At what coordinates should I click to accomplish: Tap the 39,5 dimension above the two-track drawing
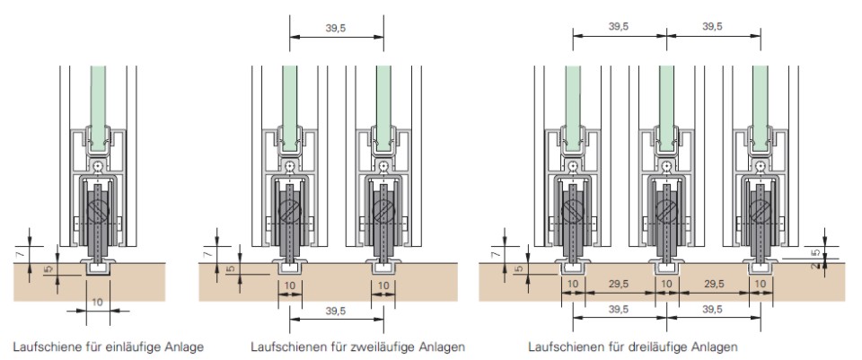click(336, 28)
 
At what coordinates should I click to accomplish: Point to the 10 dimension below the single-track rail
click(98, 303)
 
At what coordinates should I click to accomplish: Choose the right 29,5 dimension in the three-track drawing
click(714, 284)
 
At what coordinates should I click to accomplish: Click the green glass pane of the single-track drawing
click(99, 99)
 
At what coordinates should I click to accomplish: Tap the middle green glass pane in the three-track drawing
click(666, 99)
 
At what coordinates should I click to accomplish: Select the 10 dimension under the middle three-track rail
click(666, 284)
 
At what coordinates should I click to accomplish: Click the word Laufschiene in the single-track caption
click(44, 347)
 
